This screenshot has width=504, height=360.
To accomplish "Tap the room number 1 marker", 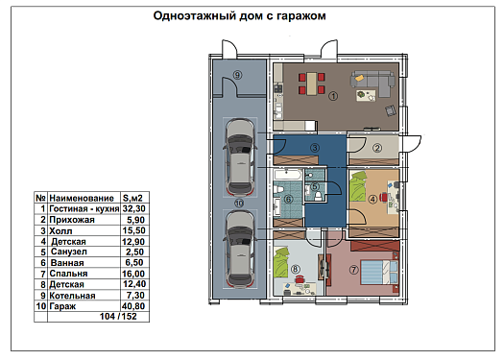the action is click(x=333, y=95).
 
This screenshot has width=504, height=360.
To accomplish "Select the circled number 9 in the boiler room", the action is click(x=237, y=75).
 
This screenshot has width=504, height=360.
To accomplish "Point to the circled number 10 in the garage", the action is click(x=239, y=204).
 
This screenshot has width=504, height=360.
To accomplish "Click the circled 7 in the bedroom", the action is click(x=354, y=270).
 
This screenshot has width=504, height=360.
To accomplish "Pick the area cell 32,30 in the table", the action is click(x=134, y=209).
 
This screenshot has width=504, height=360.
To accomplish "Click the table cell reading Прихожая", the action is click(x=72, y=220).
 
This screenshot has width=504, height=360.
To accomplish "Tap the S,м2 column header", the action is click(x=132, y=198).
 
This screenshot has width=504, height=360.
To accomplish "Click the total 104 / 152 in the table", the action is click(x=118, y=317).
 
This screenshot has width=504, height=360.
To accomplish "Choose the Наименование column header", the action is click(x=82, y=198).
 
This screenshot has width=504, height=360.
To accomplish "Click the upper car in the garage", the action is click(x=240, y=156).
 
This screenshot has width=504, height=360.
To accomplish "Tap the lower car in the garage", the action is click(x=240, y=249).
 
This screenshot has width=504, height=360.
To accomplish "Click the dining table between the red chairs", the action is click(x=311, y=84).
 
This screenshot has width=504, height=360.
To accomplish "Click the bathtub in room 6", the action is click(x=288, y=176).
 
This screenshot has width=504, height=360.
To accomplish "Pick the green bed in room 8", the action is click(x=280, y=262).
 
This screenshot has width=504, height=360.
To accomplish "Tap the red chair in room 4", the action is click(x=384, y=197).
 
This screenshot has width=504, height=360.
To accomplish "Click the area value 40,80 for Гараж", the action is click(x=133, y=306).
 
